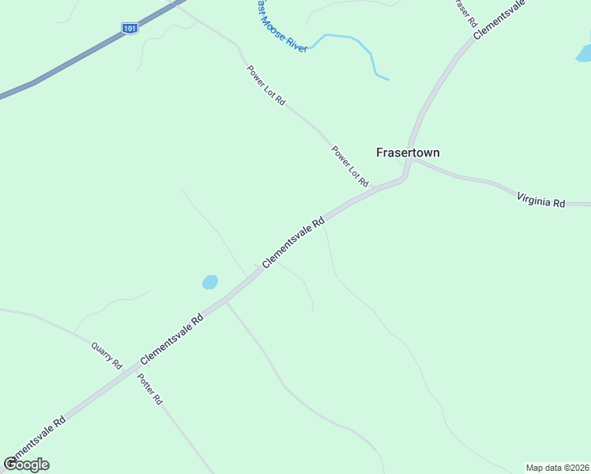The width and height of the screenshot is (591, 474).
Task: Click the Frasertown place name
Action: pos(407,152)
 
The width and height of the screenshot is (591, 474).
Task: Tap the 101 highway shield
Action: pos(130,28)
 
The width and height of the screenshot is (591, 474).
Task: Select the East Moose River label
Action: pos(280,26)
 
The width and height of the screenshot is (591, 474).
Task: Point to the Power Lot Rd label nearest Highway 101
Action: pos(265,86)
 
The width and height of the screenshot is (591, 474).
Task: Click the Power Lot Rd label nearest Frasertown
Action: pos(350,166)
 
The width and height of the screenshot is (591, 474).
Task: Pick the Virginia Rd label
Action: pos(541,198)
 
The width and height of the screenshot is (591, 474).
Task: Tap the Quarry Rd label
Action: pos(107,355)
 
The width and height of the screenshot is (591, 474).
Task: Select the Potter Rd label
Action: pos(149,388)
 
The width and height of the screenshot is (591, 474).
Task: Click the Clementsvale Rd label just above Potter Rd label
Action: pos(172,340)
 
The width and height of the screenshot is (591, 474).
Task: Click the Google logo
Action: pos(27,465)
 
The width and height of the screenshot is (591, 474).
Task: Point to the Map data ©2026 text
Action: pos(557,468)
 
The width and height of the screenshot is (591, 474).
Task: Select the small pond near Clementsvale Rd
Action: pos(209,282)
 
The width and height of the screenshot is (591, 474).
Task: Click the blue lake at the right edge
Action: pos(584,54)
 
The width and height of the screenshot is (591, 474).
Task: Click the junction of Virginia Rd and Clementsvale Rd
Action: pos(410,160)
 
